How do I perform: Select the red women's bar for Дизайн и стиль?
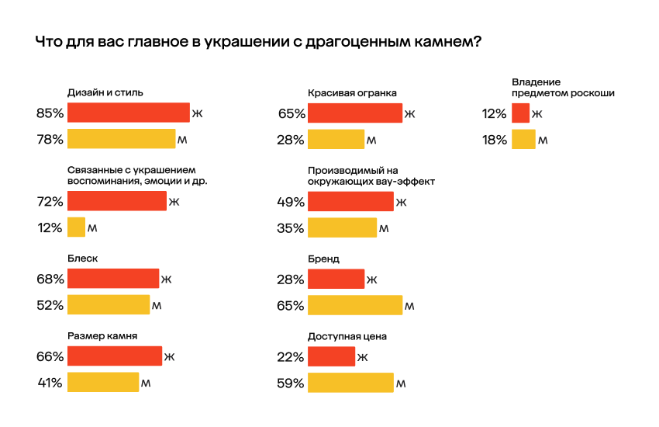pyautogui.click(x=128, y=113)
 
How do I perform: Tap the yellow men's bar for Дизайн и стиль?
pyautogui.click(x=121, y=140)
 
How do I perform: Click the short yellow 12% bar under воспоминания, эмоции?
pyautogui.click(x=76, y=227)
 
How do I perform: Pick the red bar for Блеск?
pyautogui.click(x=112, y=279)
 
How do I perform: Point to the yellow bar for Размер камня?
pyautogui.click(x=102, y=383)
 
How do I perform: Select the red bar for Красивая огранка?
pyautogui.click(x=354, y=113)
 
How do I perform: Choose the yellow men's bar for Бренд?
pyautogui.click(x=354, y=305)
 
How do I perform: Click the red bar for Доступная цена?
pyautogui.click(x=331, y=356)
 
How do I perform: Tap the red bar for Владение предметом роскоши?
pyautogui.click(x=520, y=113)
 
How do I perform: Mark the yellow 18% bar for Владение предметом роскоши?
pyautogui.click(x=523, y=140)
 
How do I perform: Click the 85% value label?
pyautogui.click(x=50, y=113)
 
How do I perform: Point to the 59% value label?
pyautogui.click(x=291, y=383)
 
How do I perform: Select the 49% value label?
pyautogui.click(x=291, y=202)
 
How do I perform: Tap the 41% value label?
pyautogui.click(x=50, y=383)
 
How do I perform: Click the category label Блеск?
pyautogui.click(x=82, y=259)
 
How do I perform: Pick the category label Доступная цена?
pyautogui.click(x=347, y=336)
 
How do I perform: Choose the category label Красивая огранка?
pyautogui.click(x=352, y=92)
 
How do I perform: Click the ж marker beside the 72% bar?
pyautogui.click(x=174, y=202)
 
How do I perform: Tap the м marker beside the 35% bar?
pyautogui.click(x=383, y=228)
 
